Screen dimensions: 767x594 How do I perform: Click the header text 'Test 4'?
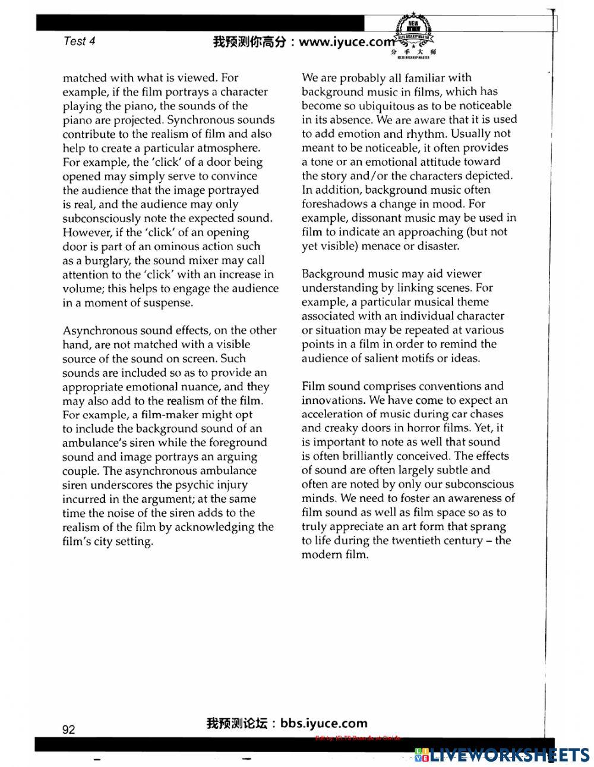click(x=78, y=41)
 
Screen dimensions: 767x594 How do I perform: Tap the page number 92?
click(x=69, y=729)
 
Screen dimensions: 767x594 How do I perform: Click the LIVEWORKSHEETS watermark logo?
click(x=502, y=755)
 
